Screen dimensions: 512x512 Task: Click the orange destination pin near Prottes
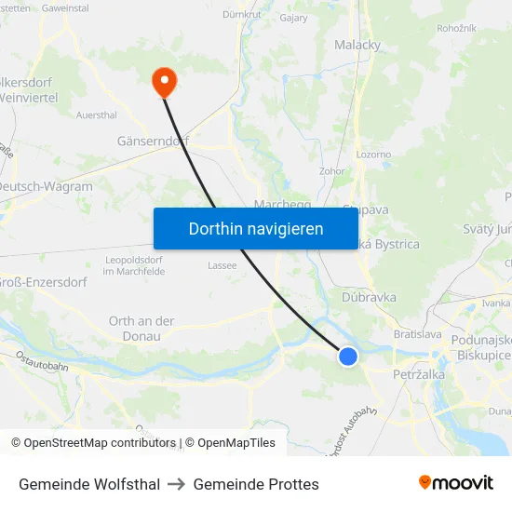165,82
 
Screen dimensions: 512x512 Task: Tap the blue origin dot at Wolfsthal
348,356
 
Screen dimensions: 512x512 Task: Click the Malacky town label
357,44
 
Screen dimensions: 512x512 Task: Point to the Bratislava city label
417,333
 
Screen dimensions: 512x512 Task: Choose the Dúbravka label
369,297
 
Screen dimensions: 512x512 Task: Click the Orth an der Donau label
141,328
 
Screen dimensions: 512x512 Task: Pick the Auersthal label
97,115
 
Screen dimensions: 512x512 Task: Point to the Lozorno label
373,155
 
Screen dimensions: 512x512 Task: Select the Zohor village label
331,171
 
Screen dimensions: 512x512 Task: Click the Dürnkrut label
241,15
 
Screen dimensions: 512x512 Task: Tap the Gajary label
293,17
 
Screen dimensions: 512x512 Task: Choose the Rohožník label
456,28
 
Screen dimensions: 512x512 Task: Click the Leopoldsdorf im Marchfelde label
135,264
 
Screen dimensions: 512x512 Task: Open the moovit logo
455,483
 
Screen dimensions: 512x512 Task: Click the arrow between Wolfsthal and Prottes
176,484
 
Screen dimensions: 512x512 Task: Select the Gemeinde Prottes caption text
256,484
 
